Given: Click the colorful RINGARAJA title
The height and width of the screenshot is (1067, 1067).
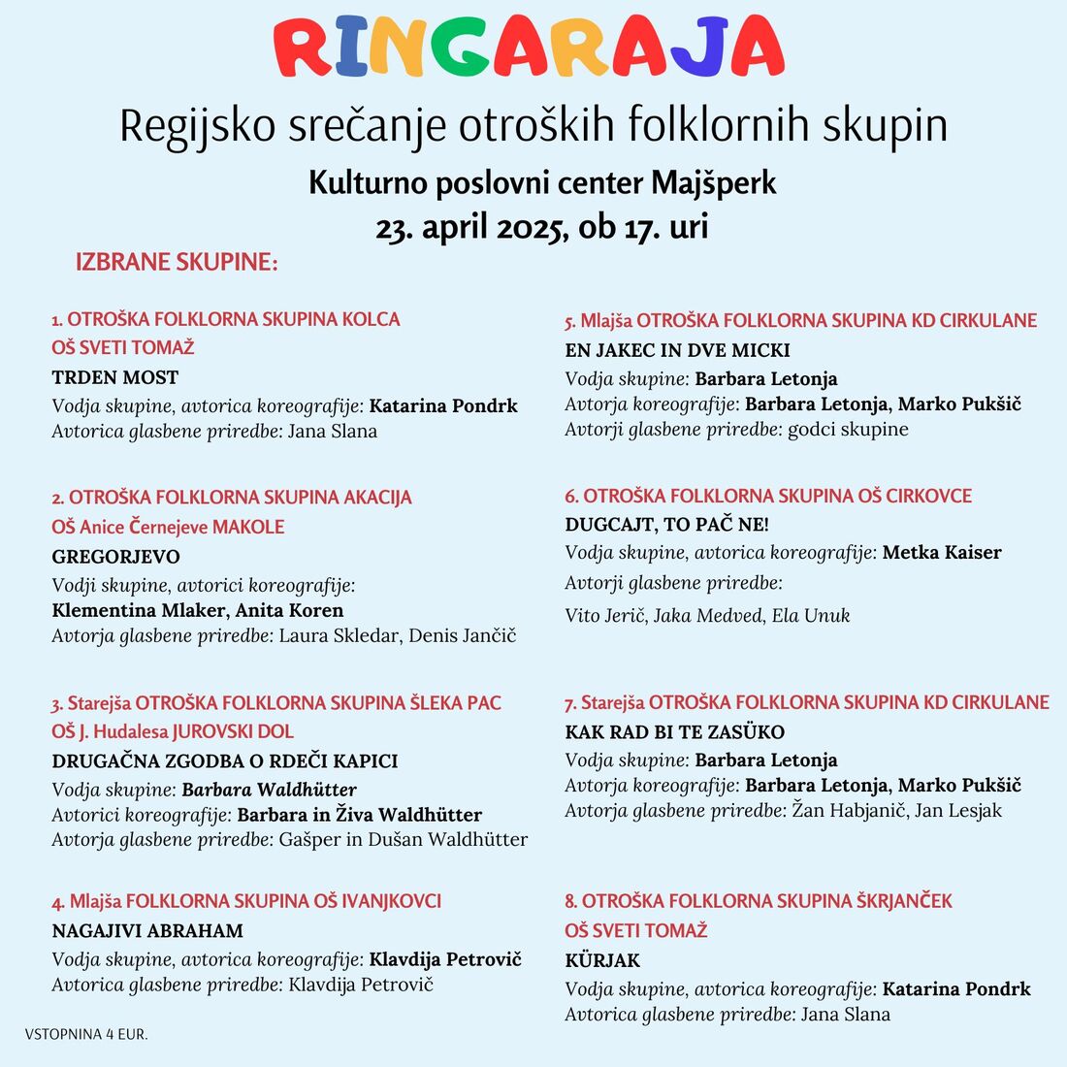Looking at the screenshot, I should tap(530, 47).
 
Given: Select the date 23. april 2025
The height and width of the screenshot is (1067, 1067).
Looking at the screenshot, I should tap(471, 227).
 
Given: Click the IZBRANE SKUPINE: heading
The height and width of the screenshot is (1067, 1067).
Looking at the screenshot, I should tap(177, 262).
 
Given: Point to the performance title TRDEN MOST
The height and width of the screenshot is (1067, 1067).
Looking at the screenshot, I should tap(115, 377).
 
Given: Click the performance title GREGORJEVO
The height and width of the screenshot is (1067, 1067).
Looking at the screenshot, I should tap(115, 557).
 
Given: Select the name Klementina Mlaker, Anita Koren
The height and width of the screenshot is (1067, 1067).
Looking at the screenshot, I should tap(198, 611).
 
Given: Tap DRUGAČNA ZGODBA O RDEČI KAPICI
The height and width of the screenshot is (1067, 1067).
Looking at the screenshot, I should tap(225, 761).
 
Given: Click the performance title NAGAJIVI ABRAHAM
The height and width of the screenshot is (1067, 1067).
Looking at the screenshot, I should tap(147, 931).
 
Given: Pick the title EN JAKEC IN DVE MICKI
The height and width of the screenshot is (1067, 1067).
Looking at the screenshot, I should tap(677, 350).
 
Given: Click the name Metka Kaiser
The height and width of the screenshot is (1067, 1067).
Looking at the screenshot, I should tap(942, 553).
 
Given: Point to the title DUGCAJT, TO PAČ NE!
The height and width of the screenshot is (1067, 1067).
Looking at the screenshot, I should tap(666, 525).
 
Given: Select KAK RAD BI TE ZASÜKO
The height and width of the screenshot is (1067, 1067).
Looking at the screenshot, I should tap(675, 732).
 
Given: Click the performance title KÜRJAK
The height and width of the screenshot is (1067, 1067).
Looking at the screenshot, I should tap(602, 961).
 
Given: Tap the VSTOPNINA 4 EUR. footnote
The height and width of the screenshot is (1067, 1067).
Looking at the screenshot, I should tap(86, 1035).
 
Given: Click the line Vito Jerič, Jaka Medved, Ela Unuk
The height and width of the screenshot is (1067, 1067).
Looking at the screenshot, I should tap(707, 616).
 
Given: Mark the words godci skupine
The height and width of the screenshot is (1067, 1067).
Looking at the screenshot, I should tap(849, 430).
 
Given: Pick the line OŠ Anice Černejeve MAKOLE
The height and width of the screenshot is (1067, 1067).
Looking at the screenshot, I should tap(168, 528).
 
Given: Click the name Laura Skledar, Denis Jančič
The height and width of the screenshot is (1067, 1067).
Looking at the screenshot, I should tap(398, 636).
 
